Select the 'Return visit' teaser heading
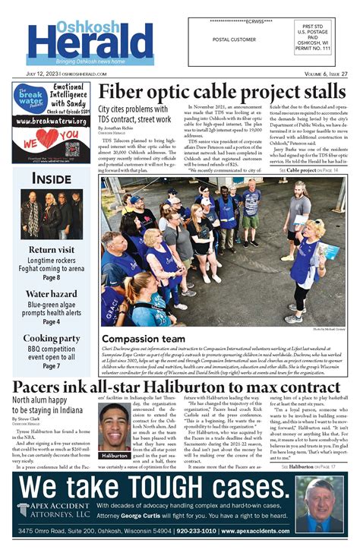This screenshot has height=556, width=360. (x=52, y=250)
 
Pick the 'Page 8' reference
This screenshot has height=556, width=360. (x=52, y=278)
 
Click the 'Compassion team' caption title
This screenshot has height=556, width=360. (x=143, y=338)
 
